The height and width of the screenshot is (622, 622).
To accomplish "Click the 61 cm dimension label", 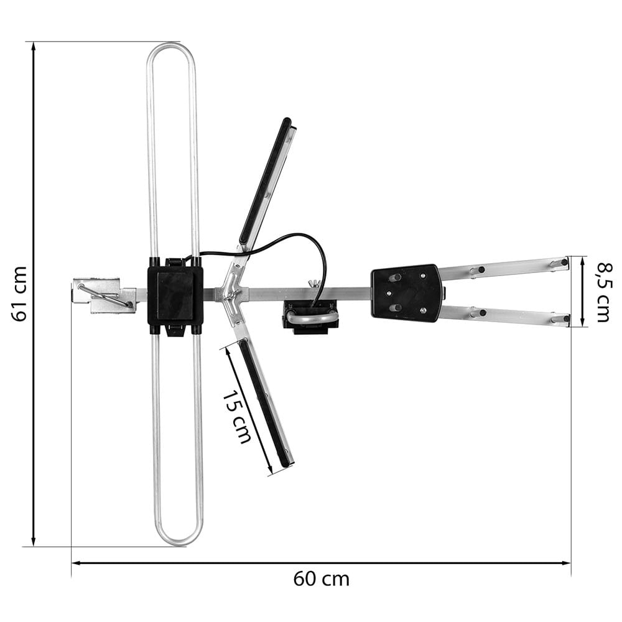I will pyautogui.click(x=20, y=294).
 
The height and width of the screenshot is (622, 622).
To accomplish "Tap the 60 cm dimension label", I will pyautogui.click(x=321, y=579).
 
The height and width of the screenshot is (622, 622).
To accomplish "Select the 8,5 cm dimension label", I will pyautogui.click(x=603, y=292).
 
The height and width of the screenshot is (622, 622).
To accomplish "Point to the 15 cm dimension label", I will pyautogui.click(x=238, y=417).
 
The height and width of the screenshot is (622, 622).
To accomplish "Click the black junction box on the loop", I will pyautogui.click(x=175, y=295).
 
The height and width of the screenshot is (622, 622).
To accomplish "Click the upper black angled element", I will pyautogui.click(x=268, y=180).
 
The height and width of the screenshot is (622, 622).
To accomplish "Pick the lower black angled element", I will pyautogui.click(x=266, y=404).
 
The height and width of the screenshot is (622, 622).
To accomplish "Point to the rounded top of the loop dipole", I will pyautogui.click(x=172, y=47).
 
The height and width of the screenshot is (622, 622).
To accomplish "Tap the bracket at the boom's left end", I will pyautogui.click(x=103, y=295).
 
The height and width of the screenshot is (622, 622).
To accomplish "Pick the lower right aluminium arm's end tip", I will pyautogui.click(x=562, y=319).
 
